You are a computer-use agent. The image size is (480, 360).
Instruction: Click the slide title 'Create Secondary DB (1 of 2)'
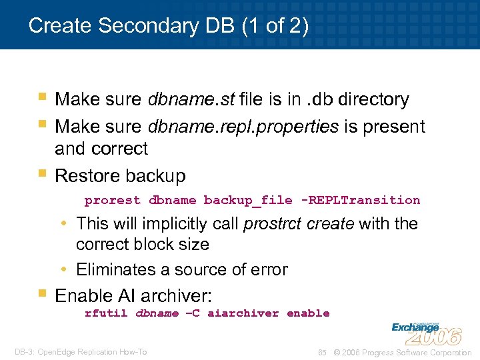(169, 26)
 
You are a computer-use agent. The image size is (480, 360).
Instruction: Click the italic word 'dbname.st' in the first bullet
(191, 100)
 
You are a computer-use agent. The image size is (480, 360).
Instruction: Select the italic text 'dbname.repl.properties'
(243, 127)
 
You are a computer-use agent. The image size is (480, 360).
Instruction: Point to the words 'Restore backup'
(120, 176)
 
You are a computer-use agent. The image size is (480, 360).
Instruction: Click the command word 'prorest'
(113, 201)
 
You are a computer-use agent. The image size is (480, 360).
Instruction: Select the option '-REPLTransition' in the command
(361, 201)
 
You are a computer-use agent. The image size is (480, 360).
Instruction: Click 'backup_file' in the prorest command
(247, 201)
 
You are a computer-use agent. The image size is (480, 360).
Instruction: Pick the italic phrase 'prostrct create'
(299, 223)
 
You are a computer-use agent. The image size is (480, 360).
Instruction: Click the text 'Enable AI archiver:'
(133, 295)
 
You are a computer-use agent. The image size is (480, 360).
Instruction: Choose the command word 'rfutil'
(106, 313)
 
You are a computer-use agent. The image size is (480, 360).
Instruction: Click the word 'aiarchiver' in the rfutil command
(243, 313)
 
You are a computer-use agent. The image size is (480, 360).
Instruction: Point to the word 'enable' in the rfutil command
(308, 313)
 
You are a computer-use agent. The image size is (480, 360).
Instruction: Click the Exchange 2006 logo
(426, 332)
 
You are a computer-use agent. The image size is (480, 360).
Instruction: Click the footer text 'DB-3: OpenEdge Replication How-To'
(81, 352)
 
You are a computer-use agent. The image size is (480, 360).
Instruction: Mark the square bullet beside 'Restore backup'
(42, 175)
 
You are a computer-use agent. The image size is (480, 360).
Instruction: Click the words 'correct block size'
(143, 245)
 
